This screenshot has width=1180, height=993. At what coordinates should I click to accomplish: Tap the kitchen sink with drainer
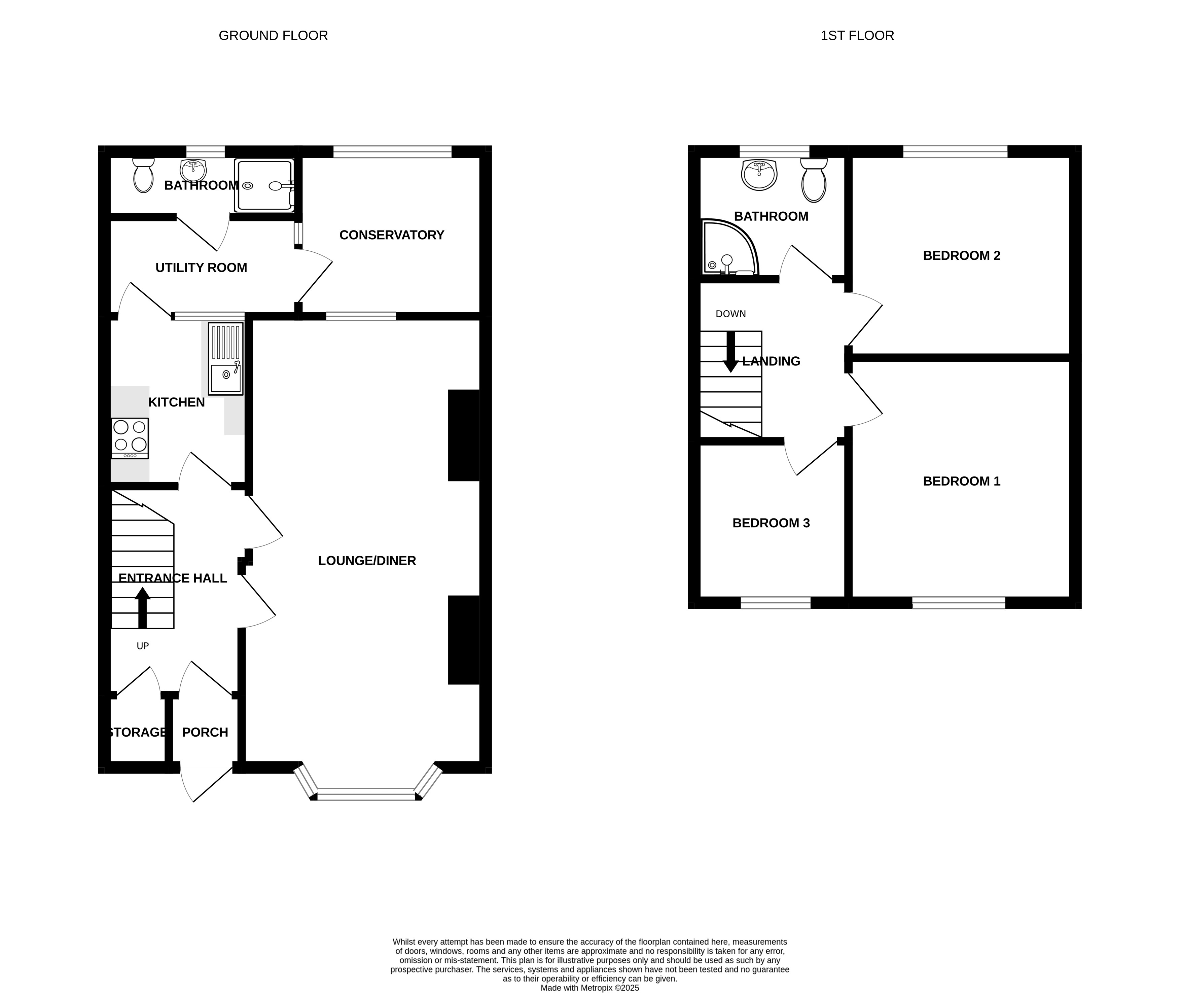(x=226, y=359)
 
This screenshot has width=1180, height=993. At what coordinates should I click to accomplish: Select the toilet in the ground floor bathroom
(x=144, y=175)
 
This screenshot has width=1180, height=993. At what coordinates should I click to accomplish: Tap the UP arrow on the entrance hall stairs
(x=142, y=608)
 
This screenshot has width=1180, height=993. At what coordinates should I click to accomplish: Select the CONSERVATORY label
(x=392, y=235)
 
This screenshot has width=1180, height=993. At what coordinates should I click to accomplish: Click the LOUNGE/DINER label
(x=367, y=561)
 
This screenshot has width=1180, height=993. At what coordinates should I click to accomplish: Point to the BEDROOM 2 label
(x=962, y=255)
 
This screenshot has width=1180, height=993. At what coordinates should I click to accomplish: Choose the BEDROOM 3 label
(x=771, y=523)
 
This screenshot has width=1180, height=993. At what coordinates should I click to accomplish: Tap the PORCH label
(x=205, y=732)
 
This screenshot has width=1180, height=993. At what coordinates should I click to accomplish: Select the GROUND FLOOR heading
(x=273, y=35)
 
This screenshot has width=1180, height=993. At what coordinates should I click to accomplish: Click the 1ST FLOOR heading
(x=857, y=35)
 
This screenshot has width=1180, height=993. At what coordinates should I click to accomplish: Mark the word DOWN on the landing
(x=731, y=314)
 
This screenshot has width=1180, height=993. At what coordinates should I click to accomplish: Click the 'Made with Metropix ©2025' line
(x=590, y=987)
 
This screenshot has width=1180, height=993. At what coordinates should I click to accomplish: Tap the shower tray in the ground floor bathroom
(x=264, y=186)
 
